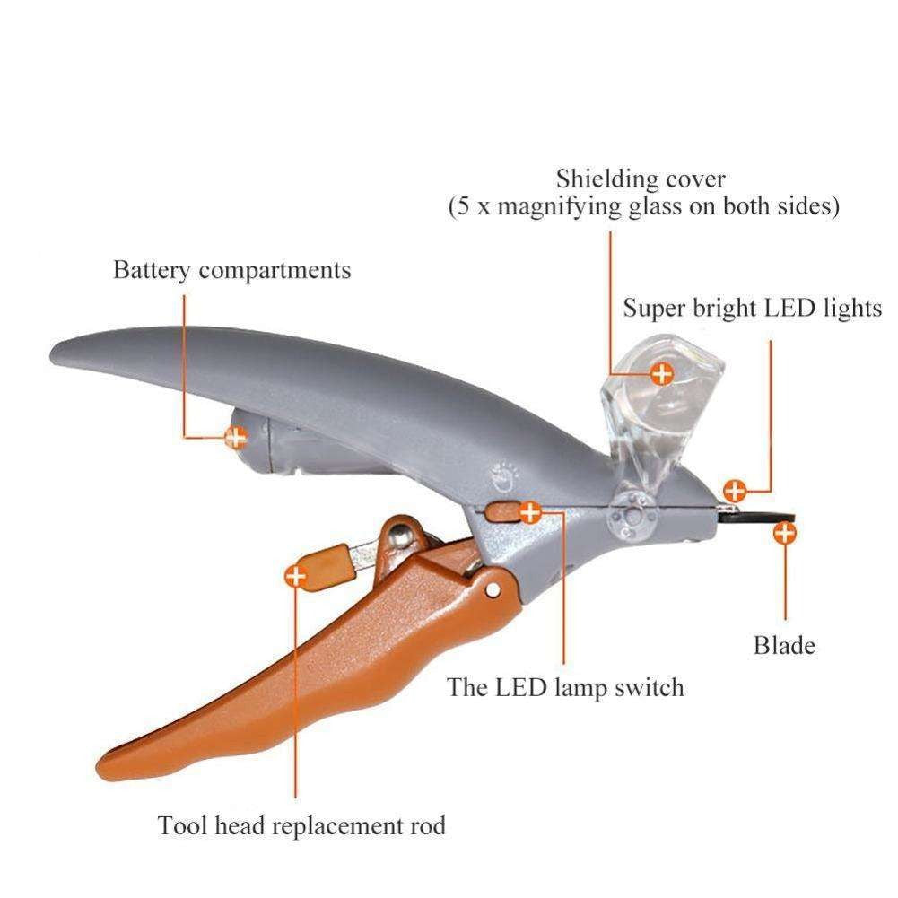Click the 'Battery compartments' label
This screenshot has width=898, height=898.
pos(232,270)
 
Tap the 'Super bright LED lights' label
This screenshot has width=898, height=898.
pos(752,309)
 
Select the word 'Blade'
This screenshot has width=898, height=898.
pos(784,645)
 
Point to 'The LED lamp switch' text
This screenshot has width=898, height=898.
pos(565,687)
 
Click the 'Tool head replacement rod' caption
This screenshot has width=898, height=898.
pos(301,826)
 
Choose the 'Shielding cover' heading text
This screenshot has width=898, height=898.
pos(641,179)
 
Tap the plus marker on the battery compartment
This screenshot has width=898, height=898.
pos(235,438)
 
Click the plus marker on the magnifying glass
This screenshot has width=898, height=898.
pos(663,374)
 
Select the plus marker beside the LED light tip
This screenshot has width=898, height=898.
pos(735,491)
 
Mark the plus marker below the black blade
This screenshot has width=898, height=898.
pos(784,534)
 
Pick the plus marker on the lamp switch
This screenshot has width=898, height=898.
pos(530,512)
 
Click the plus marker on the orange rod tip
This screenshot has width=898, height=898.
pos(295,576)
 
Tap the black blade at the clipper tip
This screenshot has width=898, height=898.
pos(757,518)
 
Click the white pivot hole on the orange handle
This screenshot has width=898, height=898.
pos(492,589)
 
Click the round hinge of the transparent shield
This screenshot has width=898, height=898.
pos(632,516)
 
